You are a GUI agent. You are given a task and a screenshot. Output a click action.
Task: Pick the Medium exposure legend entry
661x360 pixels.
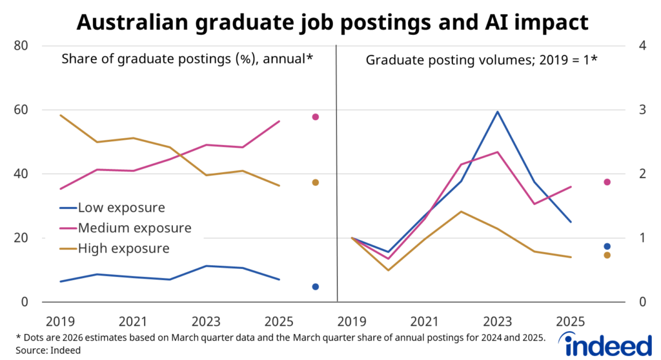[x=134, y=228]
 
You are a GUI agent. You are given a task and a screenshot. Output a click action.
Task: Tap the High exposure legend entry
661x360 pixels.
[x=123, y=248]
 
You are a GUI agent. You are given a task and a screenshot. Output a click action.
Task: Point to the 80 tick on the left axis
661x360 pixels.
[x=23, y=46]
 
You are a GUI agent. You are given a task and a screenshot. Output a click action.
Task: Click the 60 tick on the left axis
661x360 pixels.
[x=23, y=110]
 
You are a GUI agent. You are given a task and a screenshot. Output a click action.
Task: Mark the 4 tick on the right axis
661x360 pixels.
[x=642, y=46]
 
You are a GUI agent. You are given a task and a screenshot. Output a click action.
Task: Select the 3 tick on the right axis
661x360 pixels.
[x=642, y=110]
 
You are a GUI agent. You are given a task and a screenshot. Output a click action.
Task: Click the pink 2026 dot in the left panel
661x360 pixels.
[x=316, y=117]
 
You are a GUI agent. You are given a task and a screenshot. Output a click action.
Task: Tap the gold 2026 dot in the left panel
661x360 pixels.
[x=316, y=183]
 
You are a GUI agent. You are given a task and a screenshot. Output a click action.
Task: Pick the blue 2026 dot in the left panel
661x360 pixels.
[x=316, y=286]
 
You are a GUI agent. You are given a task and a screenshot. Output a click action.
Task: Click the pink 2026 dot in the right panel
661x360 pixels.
[x=607, y=182]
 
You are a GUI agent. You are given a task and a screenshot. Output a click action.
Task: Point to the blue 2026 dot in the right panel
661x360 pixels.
[x=607, y=246]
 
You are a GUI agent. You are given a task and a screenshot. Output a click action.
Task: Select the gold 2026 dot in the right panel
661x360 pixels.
[x=607, y=255]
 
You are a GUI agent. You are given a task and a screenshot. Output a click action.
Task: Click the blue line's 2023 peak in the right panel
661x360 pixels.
[x=497, y=112]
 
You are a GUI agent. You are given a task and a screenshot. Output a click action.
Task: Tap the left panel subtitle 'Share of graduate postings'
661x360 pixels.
[x=187, y=59]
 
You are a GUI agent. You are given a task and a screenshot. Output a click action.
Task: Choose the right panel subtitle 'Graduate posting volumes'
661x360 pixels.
[x=482, y=60]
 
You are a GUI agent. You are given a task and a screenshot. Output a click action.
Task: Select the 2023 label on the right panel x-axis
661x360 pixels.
[x=497, y=321]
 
